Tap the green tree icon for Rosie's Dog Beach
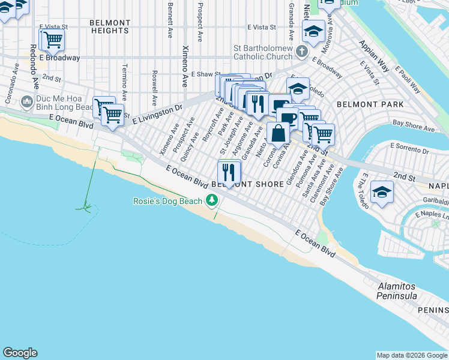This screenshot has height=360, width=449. [211, 200]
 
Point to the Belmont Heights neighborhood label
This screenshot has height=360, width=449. [110, 26]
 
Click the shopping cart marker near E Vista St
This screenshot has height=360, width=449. [52, 40]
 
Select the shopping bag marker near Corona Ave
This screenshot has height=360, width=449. [279, 133]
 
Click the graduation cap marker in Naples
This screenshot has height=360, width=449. [381, 193]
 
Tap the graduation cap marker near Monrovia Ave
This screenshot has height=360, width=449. [313, 31]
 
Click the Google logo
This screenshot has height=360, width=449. [20, 353]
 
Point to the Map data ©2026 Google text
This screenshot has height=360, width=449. [412, 355]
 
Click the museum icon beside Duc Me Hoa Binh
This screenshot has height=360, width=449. [26, 102]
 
